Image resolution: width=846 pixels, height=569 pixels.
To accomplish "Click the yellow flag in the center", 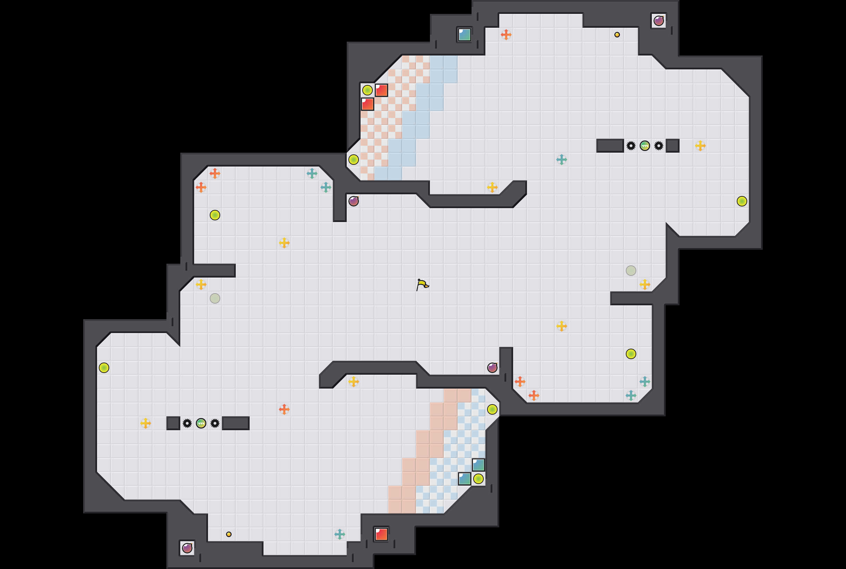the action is point(422,284).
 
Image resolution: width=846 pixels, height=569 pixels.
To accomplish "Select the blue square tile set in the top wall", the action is point(464,35).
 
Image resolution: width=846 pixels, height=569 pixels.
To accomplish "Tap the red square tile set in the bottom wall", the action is point(381,534).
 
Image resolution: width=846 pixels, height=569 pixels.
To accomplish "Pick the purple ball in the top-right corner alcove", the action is point(658,21).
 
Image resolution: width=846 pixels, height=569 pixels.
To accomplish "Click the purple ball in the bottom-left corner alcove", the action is point(187,548).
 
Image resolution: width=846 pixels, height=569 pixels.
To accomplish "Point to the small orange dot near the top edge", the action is point(617,35).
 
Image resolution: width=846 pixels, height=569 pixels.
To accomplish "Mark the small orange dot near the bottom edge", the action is point(229,534).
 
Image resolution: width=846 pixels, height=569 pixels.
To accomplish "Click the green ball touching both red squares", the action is point(367,90).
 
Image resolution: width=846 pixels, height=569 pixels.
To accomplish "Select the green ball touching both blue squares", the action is point(478,479).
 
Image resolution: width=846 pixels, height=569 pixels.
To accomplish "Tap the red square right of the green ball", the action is point(381,90).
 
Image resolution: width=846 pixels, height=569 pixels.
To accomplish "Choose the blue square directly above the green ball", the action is point(478,465).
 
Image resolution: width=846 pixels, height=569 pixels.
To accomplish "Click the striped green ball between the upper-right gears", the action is point(645,146).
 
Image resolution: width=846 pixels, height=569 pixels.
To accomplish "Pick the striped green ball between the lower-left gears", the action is point(201,423).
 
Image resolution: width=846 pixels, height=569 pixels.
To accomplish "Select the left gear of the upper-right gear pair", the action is point(631,146).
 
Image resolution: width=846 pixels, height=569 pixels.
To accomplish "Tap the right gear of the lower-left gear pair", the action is point(215,423).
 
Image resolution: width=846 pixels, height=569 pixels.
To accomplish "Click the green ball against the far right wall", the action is point(742,201).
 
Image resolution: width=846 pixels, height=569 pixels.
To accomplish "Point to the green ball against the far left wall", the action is point(104,368).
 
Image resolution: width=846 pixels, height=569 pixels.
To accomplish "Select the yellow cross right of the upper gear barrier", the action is point(700,146).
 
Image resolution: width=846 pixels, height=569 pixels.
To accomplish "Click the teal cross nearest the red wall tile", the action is point(340,534).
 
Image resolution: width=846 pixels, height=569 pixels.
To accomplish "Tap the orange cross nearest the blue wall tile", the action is point(506,35).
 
